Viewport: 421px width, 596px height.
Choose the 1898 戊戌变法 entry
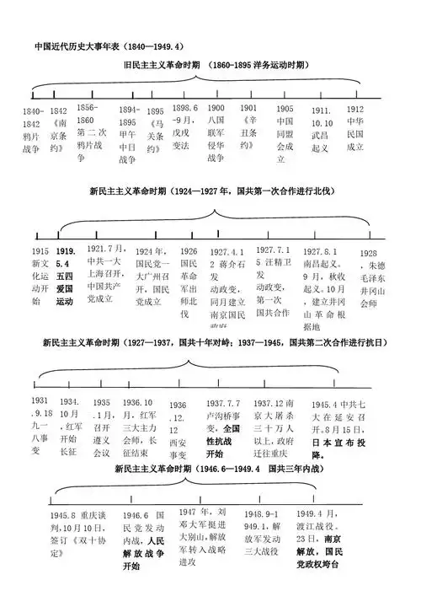185,126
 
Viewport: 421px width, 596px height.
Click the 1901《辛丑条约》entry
248,126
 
